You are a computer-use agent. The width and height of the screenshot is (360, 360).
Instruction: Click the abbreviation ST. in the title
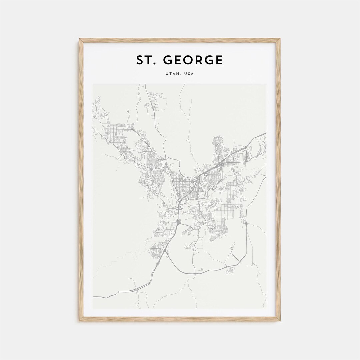144,60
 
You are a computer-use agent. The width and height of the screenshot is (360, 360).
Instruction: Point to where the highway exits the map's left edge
94,296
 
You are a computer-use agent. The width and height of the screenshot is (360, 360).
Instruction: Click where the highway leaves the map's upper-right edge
265,133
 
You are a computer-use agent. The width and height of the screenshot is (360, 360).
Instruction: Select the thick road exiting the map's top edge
146,85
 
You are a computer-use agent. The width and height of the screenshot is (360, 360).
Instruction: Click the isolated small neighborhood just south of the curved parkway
230,270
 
